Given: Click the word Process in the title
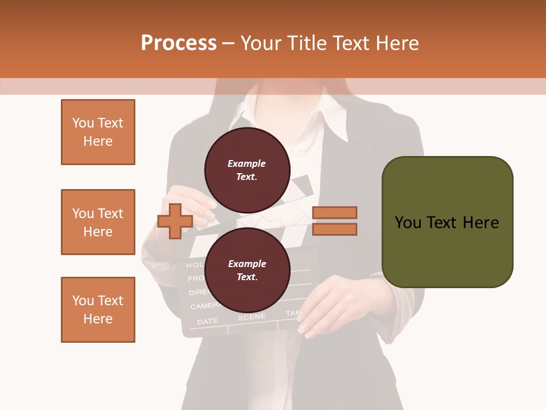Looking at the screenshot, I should pyautogui.click(x=179, y=43).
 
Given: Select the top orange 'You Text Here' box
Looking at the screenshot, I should pyautogui.click(x=98, y=132).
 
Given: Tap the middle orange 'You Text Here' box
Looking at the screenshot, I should pyautogui.click(x=98, y=222).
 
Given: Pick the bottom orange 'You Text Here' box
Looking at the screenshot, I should pyautogui.click(x=98, y=310).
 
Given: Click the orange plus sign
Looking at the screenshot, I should pyautogui.click(x=175, y=221).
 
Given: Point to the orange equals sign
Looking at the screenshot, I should pyautogui.click(x=334, y=221).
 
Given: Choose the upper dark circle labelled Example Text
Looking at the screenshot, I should pyautogui.click(x=247, y=170).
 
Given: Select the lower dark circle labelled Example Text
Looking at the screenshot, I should pyautogui.click(x=247, y=270).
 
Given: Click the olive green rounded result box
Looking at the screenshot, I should pyautogui.click(x=447, y=222).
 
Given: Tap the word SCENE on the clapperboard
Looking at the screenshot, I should pyautogui.click(x=251, y=317).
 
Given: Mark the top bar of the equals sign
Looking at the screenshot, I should pyautogui.click(x=334, y=212).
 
